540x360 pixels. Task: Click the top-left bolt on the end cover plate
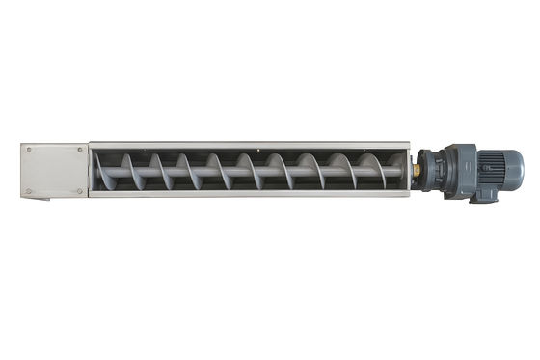tap(29, 151)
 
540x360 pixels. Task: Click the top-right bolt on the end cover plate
tap(81, 151)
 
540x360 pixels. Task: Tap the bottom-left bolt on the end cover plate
tap(29, 191)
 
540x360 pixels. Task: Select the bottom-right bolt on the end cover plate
tap(81, 191)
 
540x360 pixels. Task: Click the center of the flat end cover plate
tap(54, 171)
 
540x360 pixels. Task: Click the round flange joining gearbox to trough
tap(427, 170)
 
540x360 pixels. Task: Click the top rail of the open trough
tap(251, 145)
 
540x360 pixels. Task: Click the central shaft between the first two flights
tap(148, 174)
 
